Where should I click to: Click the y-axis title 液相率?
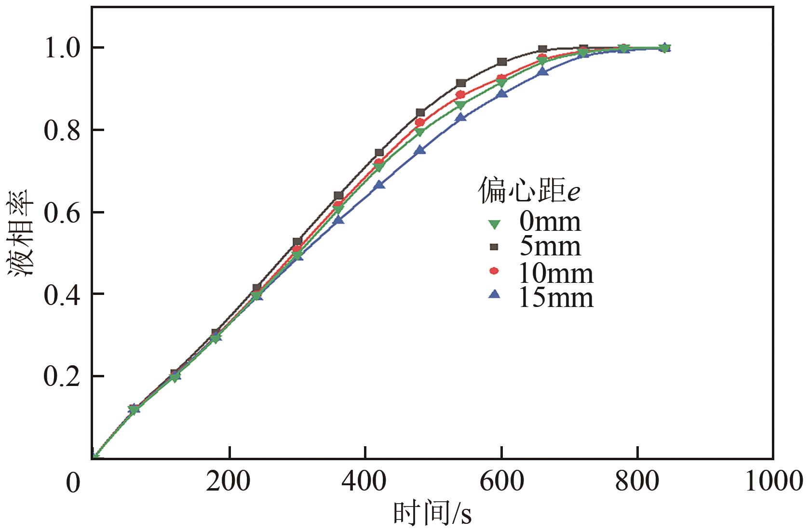[20, 233]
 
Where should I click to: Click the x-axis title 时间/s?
[432, 514]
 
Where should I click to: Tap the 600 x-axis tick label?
[501, 481]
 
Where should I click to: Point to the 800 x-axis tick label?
[637, 481]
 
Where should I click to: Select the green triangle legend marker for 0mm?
[494, 224]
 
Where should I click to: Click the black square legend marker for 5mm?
[494, 247]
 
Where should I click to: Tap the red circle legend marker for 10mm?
[494, 271]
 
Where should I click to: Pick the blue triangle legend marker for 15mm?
[494, 294]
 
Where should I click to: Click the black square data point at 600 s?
[502, 62]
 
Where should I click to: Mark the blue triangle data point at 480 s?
[420, 150]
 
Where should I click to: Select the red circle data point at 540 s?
[460, 94]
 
